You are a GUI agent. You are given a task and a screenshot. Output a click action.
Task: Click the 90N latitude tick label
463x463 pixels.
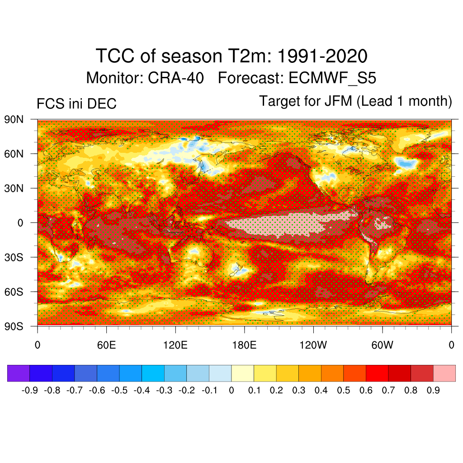(14, 120)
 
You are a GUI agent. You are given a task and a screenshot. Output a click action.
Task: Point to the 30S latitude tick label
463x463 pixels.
(14, 257)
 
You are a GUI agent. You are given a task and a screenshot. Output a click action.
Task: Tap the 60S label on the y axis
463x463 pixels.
(14, 292)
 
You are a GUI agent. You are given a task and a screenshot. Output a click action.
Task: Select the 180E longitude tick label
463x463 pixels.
(244, 346)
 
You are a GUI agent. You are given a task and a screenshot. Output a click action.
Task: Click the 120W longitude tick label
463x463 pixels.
(313, 346)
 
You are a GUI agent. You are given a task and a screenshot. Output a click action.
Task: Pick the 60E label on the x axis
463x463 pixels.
(107, 346)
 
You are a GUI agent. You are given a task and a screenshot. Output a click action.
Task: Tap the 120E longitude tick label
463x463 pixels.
(175, 346)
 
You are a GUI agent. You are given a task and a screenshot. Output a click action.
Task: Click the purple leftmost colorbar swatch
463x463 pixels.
(19, 373)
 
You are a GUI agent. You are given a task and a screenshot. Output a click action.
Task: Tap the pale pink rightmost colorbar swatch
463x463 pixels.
(444, 373)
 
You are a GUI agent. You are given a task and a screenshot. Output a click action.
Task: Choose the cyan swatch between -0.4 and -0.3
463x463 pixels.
(153, 373)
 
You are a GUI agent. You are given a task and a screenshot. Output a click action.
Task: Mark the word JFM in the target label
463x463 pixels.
(338, 101)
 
